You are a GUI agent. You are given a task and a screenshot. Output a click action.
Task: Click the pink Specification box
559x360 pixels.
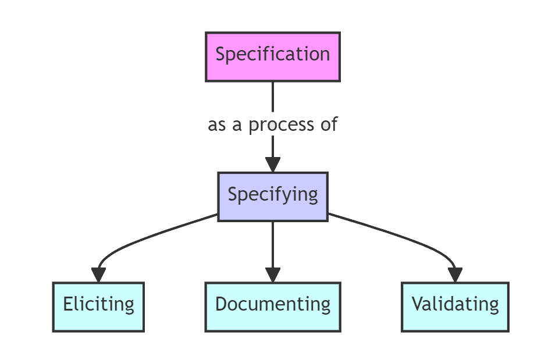pos(272,56)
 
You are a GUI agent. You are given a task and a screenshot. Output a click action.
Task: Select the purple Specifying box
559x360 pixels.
pos(272,196)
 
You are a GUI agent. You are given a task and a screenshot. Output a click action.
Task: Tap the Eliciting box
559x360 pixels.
pos(98,306)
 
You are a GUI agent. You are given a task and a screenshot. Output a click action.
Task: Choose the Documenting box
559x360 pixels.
pos(272,306)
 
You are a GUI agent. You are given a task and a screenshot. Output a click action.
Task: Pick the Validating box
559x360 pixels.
pos(455,306)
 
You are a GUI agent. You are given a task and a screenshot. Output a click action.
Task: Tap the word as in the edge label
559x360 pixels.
pos(217,125)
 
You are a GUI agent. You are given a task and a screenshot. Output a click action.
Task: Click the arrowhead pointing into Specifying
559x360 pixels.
pos(273,163)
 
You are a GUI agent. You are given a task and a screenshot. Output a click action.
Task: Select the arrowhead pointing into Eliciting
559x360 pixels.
pos(99,275)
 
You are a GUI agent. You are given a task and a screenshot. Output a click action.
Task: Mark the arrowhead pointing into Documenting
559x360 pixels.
pos(273,275)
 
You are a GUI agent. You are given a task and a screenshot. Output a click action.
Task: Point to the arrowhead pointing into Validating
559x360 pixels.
pos(455,275)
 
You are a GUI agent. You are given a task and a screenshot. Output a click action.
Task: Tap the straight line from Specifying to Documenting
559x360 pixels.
pos(273,244)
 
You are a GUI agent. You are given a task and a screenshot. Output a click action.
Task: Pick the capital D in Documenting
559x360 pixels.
pos(222,304)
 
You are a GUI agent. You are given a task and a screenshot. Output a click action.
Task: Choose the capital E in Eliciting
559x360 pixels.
pos(68,304)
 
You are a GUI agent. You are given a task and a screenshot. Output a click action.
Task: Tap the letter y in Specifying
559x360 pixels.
pos(297,196)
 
